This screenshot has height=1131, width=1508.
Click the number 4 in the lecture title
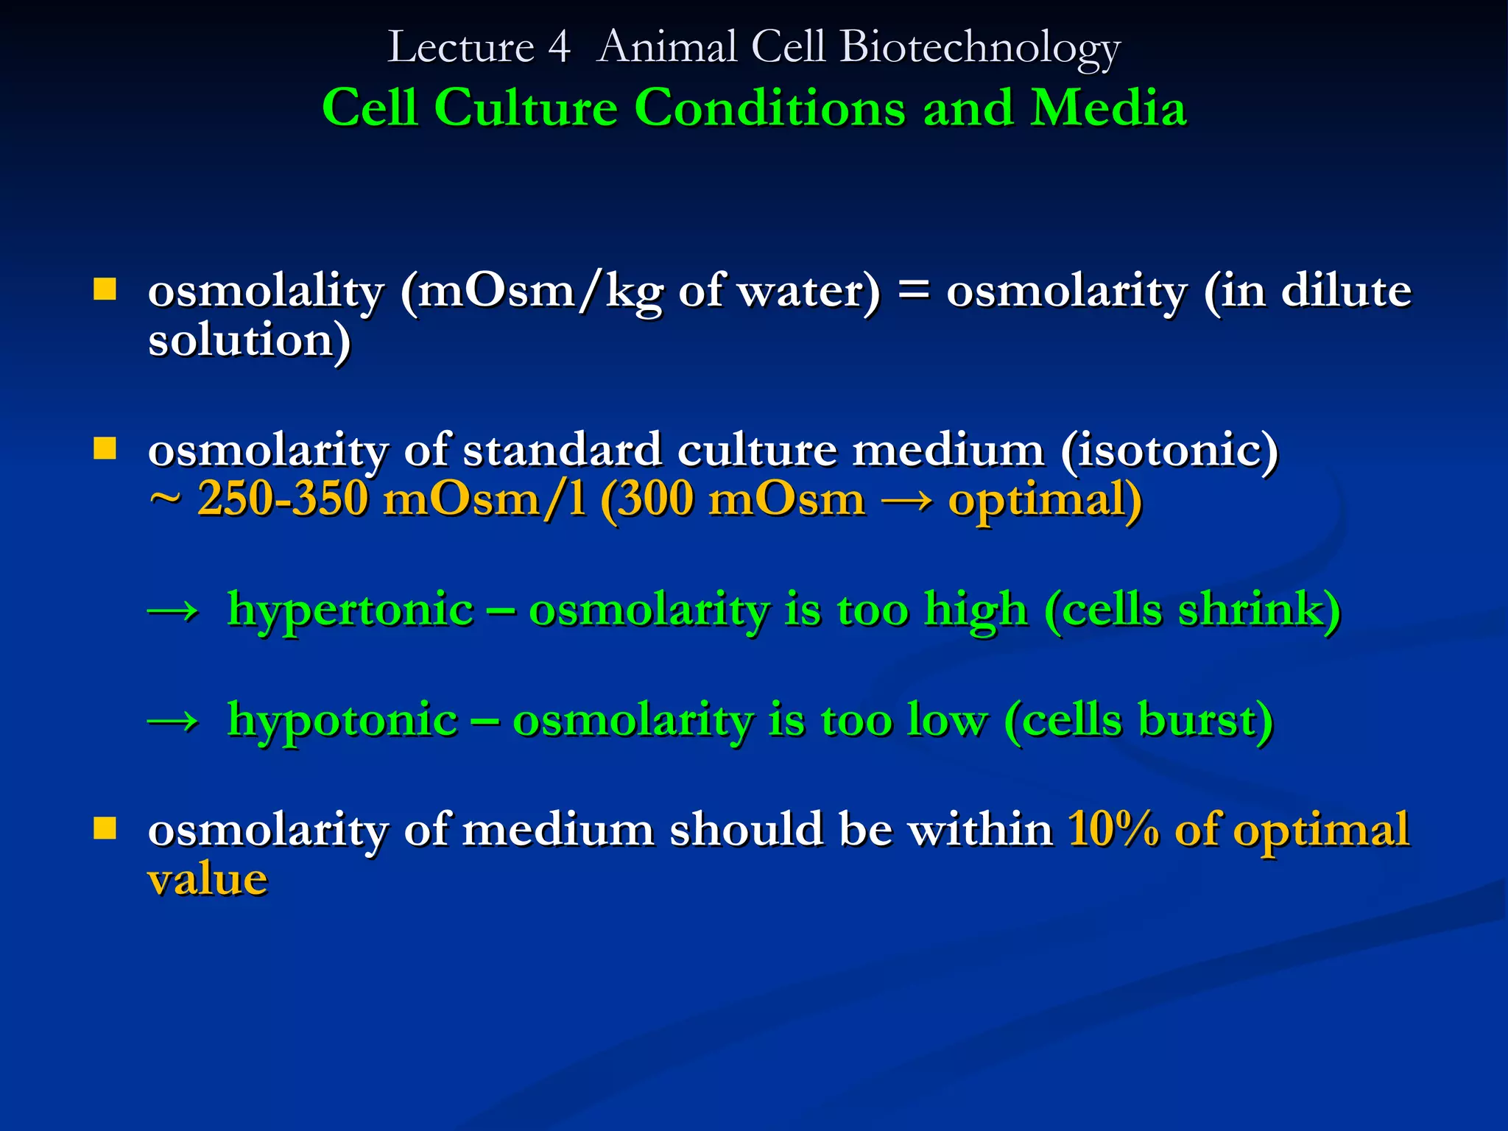559,48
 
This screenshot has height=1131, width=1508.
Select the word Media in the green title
1108,108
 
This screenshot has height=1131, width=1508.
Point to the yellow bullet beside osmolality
105,289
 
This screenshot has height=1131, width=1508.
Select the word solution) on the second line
249,340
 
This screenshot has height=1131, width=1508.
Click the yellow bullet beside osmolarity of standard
105,448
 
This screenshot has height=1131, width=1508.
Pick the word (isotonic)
1169,450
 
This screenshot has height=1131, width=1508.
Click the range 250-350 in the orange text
283,499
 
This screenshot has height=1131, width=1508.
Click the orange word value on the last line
208,879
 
